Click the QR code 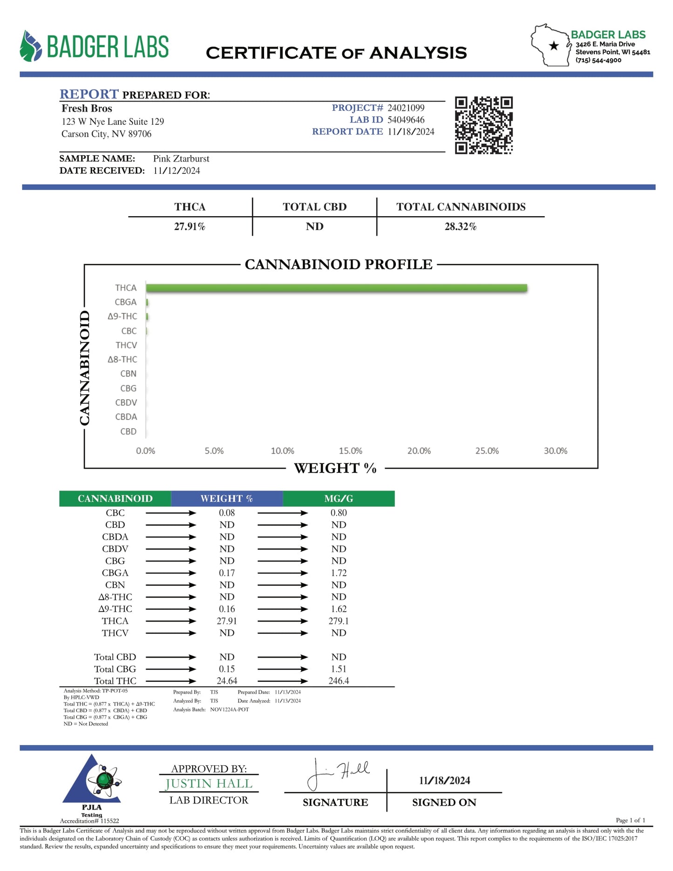pyautogui.click(x=483, y=125)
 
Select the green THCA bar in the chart pyautogui.click(x=336, y=288)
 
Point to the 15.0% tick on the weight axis pyautogui.click(x=350, y=451)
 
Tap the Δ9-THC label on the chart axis pyautogui.click(x=122, y=316)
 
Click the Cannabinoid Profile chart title pyautogui.click(x=339, y=265)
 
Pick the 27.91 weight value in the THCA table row pyautogui.click(x=227, y=621)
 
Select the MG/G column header pyautogui.click(x=339, y=498)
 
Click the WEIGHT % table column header pyautogui.click(x=227, y=498)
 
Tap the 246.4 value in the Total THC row pyautogui.click(x=339, y=680)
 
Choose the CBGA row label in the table pyautogui.click(x=115, y=573)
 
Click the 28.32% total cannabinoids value pyautogui.click(x=460, y=227)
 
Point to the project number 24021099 pyautogui.click(x=406, y=108)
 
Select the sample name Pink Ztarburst pyautogui.click(x=181, y=159)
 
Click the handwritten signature pyautogui.click(x=338, y=774)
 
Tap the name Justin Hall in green pyautogui.click(x=209, y=784)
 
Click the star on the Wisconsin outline pyautogui.click(x=554, y=46)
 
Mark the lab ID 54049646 pyautogui.click(x=406, y=120)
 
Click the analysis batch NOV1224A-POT pyautogui.click(x=229, y=709)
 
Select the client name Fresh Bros pyautogui.click(x=87, y=109)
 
